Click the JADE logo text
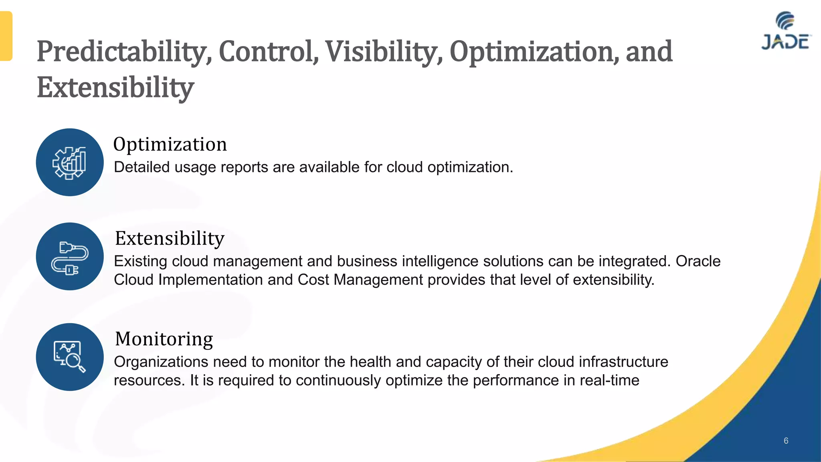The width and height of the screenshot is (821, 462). (x=786, y=42)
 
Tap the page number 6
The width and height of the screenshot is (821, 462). (x=786, y=441)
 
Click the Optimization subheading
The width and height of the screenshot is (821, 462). (x=170, y=144)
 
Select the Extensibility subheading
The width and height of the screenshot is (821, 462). (x=170, y=239)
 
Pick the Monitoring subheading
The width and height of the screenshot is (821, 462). (x=164, y=339)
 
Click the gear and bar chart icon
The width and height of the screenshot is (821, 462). (x=70, y=162)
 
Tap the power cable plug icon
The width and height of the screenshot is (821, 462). (x=70, y=257)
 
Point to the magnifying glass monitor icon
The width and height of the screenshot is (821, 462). (x=70, y=357)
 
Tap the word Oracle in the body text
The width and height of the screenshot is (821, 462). (x=698, y=261)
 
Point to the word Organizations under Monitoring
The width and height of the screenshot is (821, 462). (x=161, y=362)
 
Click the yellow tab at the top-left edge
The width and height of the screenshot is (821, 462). (x=6, y=36)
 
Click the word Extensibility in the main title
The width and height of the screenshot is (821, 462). (x=115, y=87)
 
